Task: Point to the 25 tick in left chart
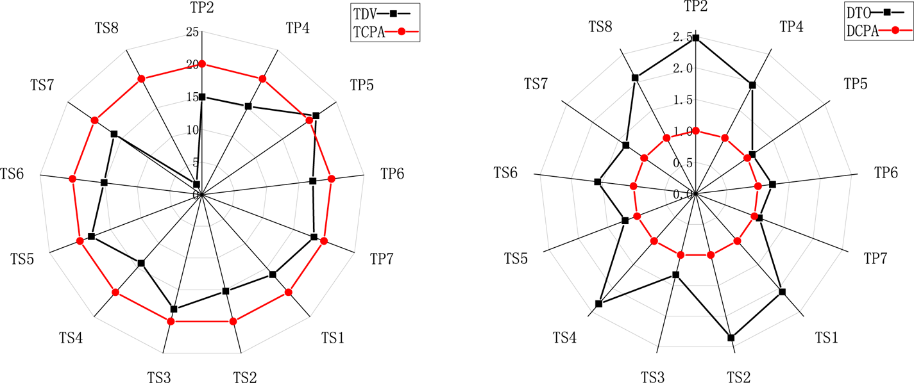[x=191, y=32]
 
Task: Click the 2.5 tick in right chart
[x=684, y=38]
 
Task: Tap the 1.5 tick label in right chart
[x=684, y=100]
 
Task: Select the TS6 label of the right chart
[x=506, y=173]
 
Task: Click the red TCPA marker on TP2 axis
[x=202, y=63]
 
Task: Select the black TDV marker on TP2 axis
[x=202, y=97]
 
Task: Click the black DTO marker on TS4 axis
[x=598, y=304]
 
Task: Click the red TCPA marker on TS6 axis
[x=72, y=179]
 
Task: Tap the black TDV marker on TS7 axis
[x=114, y=134]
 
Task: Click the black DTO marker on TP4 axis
[x=752, y=85]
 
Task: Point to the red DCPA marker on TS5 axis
[x=638, y=216]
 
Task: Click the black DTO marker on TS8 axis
[x=635, y=78]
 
